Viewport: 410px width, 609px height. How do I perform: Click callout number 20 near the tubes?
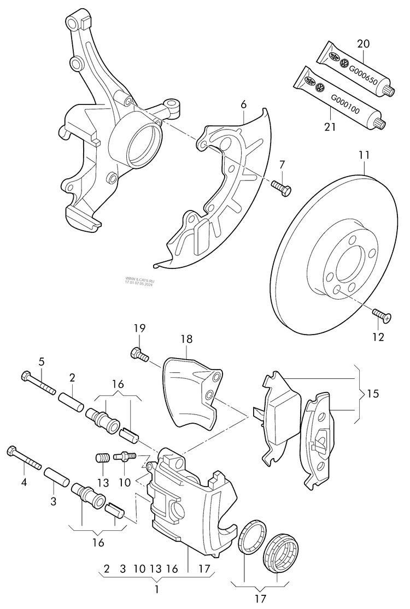363,43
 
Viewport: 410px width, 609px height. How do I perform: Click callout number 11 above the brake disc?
364,156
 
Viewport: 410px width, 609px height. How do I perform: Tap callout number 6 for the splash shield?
243,104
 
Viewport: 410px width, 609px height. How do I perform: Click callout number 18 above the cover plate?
187,339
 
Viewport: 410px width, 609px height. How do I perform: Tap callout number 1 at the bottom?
157,589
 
